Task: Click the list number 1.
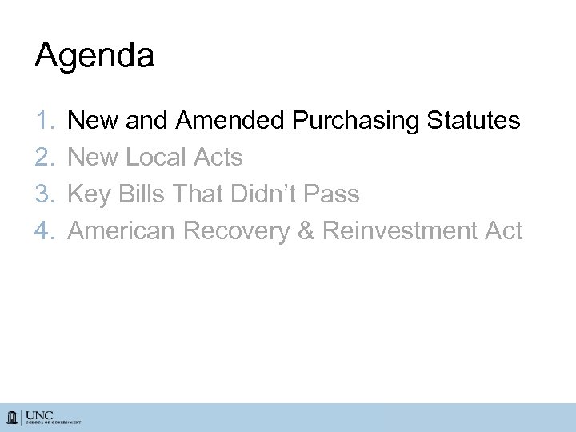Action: click(44, 122)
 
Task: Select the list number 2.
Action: click(44, 158)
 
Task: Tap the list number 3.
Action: click(44, 194)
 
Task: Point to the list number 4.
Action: click(44, 231)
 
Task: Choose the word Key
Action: click(90, 194)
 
